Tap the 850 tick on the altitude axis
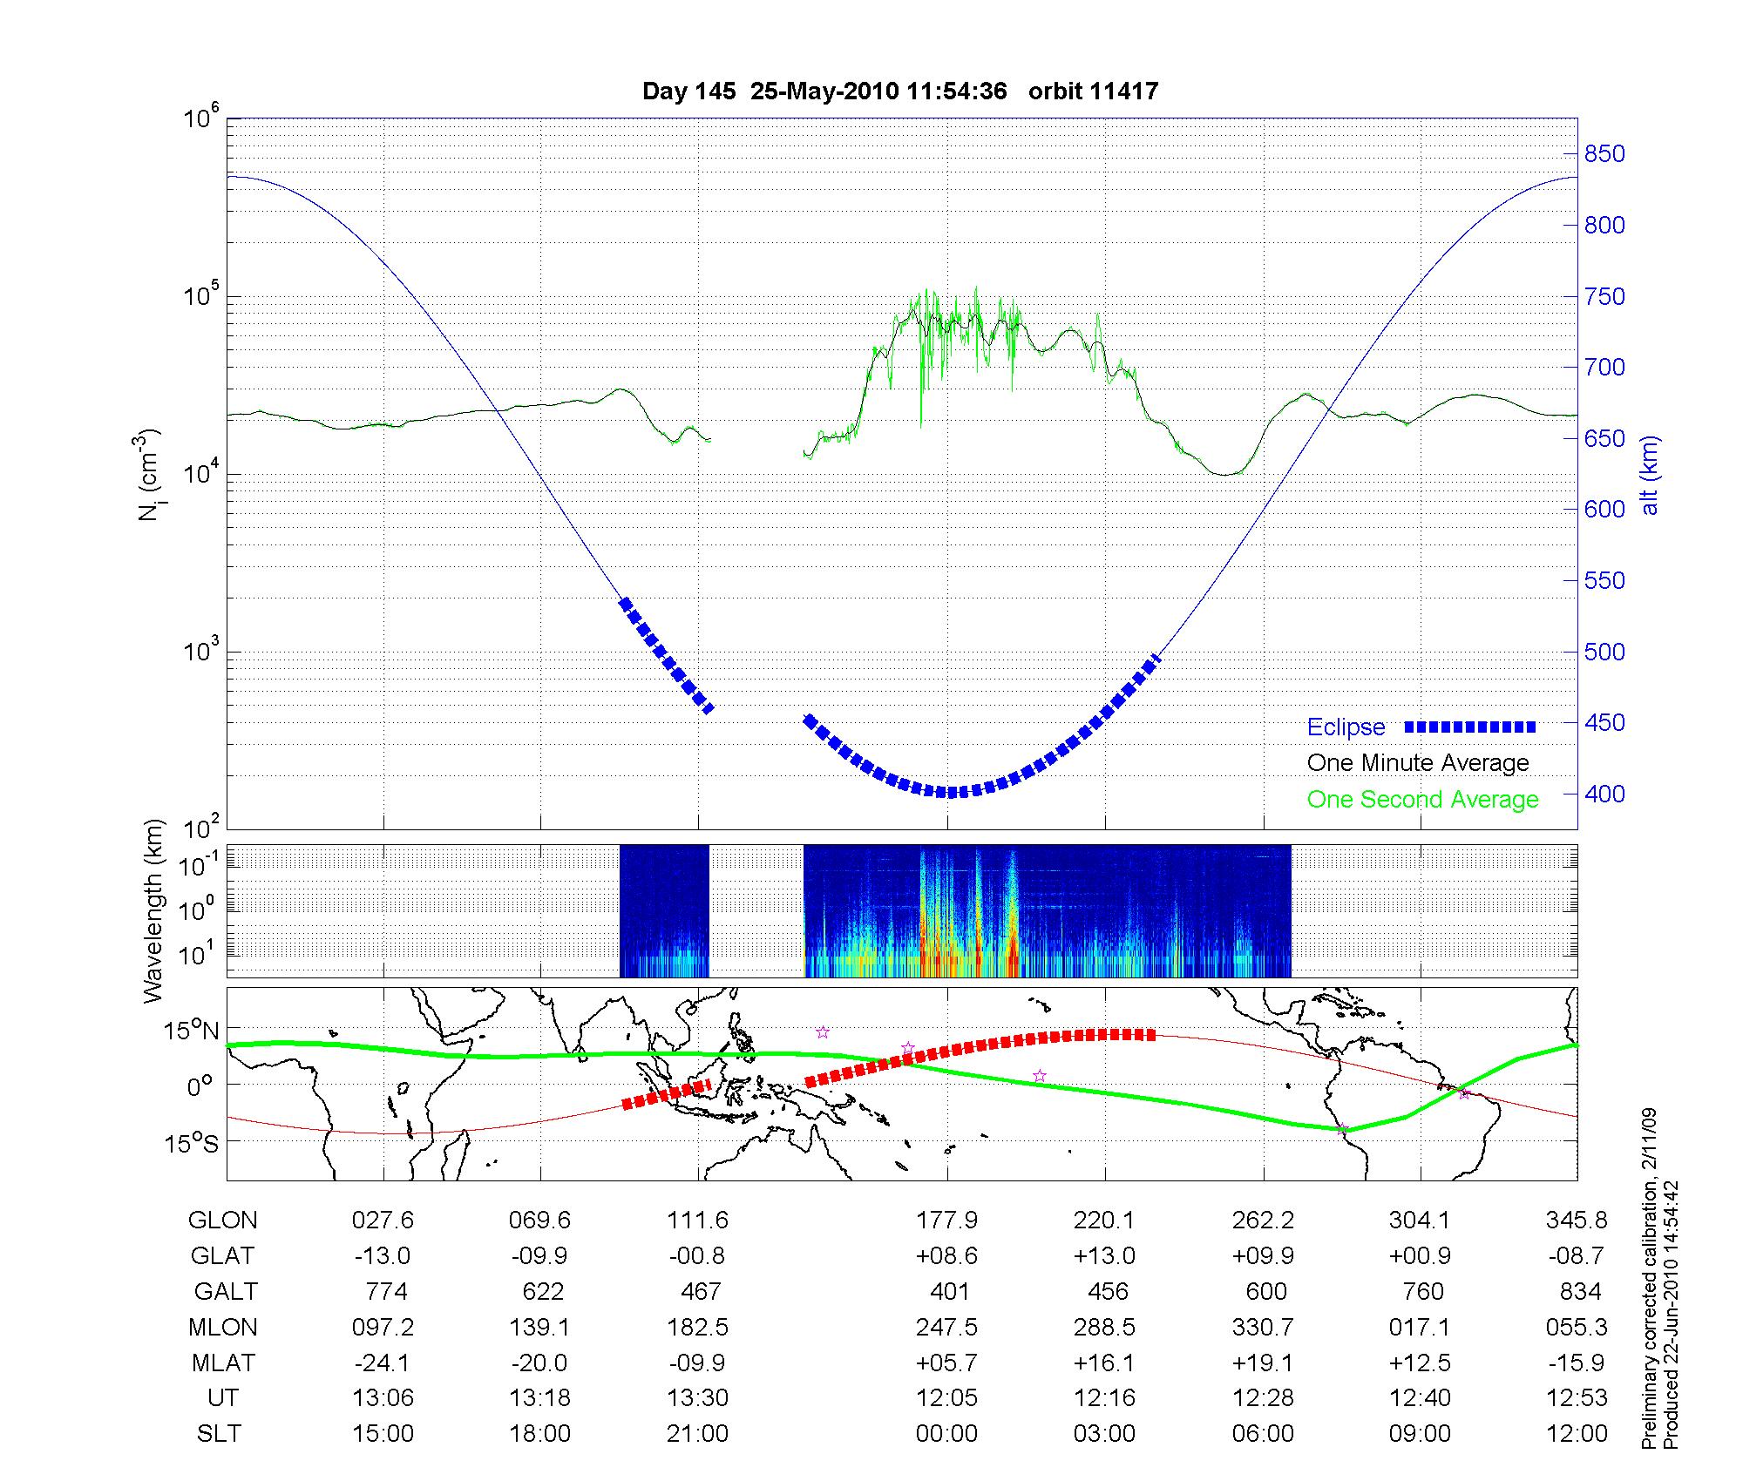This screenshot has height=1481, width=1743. pyautogui.click(x=1604, y=154)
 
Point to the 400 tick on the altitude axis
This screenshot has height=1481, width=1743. pyautogui.click(x=1604, y=795)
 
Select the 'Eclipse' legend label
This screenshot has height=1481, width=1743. pyautogui.click(x=1346, y=727)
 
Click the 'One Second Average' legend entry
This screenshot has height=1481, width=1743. pyautogui.click(x=1422, y=800)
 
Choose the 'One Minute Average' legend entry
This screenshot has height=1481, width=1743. pyautogui.click(x=1418, y=763)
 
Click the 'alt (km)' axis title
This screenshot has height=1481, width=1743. pyautogui.click(x=1650, y=475)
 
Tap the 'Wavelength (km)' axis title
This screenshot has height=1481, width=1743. pyautogui.click(x=153, y=910)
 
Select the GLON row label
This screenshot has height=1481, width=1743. pyautogui.click(x=222, y=1221)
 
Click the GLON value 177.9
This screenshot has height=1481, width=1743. pyautogui.click(x=946, y=1221)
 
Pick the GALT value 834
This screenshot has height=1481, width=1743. pyautogui.click(x=1581, y=1291)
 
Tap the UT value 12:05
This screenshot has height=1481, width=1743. pyautogui.click(x=946, y=1398)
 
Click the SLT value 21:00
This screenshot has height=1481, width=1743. pyautogui.click(x=697, y=1433)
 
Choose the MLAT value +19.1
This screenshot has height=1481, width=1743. pyautogui.click(x=1263, y=1363)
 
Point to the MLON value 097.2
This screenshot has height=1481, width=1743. pyautogui.click(x=383, y=1327)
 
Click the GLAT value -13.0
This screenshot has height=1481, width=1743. pyautogui.click(x=383, y=1256)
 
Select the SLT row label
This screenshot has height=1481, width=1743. pyautogui.click(x=219, y=1433)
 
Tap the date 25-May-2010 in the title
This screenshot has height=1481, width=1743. pyautogui.click(x=824, y=91)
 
